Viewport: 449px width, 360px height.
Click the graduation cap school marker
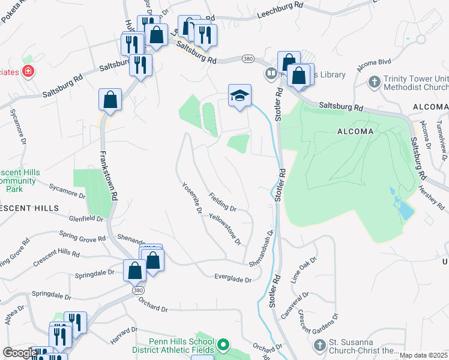click(240, 95)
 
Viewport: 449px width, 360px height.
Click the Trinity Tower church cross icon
click(374, 81)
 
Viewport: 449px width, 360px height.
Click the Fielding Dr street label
click(223, 201)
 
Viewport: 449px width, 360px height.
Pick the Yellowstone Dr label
click(226, 229)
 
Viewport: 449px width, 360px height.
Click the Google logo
click(20, 353)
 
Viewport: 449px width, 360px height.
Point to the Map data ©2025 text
click(423, 355)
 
